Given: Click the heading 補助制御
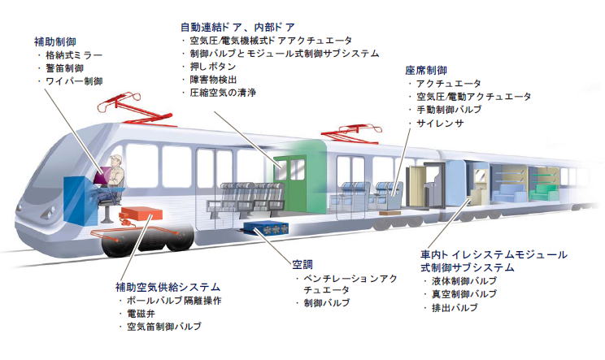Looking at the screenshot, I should (54, 41).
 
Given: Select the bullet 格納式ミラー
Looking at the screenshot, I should (76, 54).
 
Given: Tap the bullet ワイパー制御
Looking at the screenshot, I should (76, 82).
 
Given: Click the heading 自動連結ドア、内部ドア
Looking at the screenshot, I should (237, 25).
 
